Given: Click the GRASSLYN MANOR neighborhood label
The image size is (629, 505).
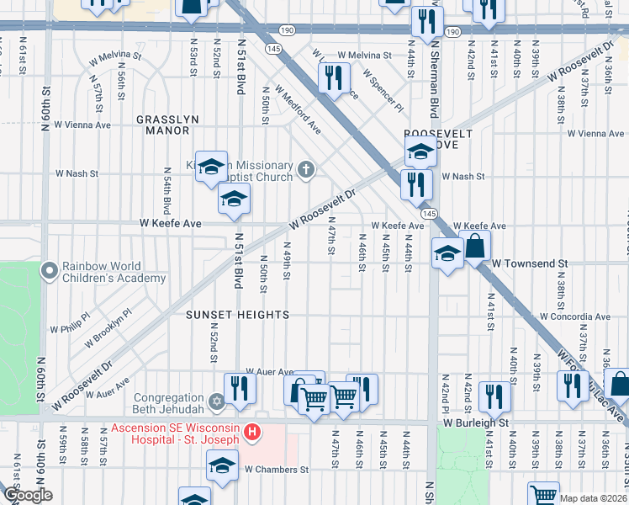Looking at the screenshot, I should coord(167,125).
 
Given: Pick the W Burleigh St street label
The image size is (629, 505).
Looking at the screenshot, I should coord(477,423).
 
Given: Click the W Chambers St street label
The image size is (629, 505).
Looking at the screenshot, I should coord(277,469).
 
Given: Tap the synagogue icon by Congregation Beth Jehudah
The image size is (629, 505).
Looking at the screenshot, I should coord(217,400).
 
